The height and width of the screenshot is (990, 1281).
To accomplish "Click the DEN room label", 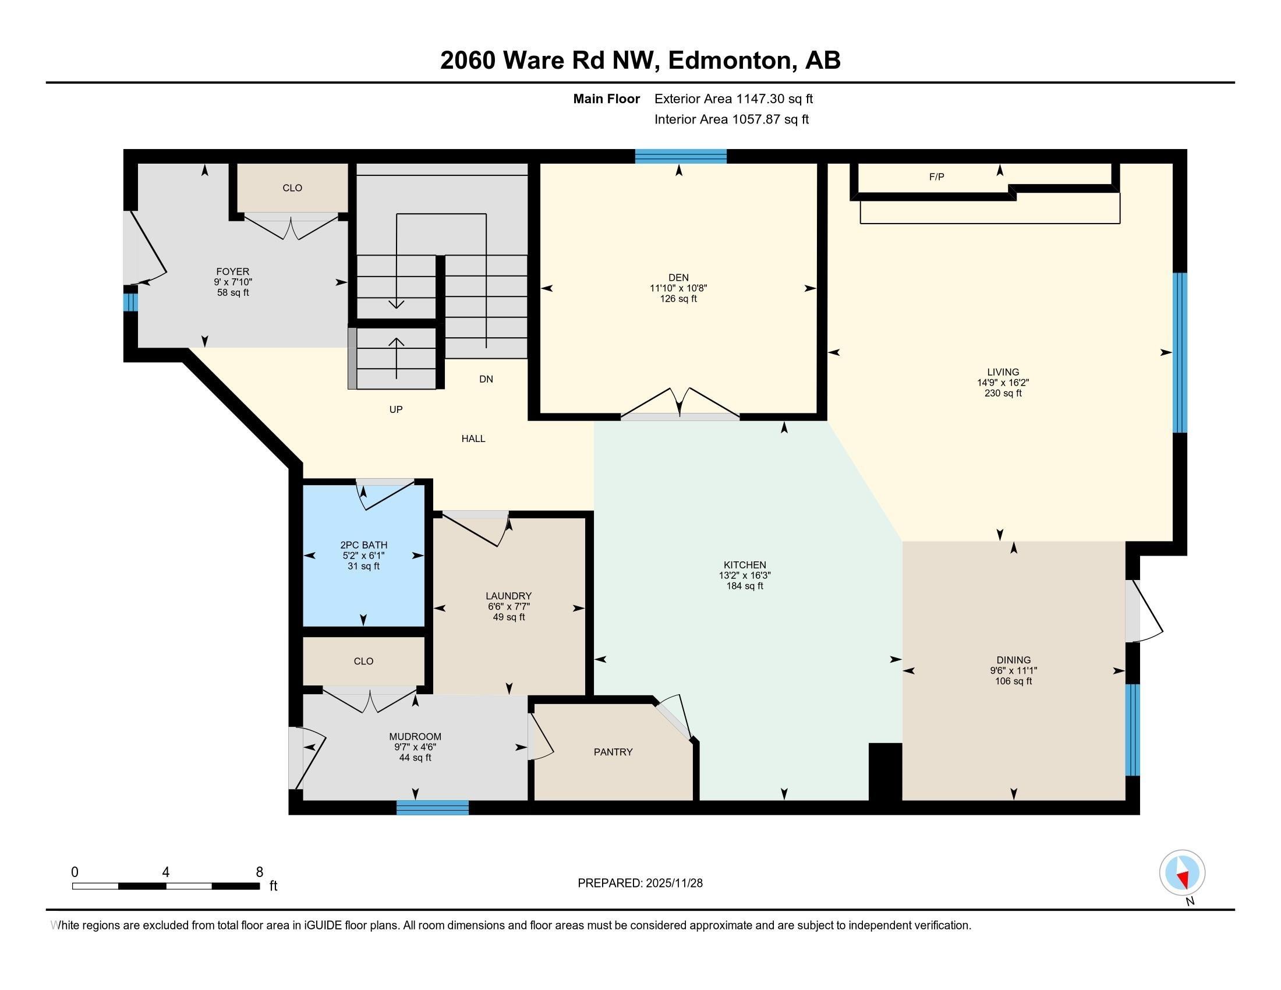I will [678, 277].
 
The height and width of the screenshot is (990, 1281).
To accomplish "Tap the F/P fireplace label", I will [936, 176].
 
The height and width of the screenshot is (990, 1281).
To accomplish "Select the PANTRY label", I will [613, 752].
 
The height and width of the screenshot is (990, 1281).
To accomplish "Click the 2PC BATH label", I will [364, 545].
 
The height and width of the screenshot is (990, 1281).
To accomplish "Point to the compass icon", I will [1182, 873].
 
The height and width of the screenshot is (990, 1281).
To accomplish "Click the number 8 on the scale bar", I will [259, 872].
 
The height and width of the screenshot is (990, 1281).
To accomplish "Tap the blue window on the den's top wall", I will [680, 156].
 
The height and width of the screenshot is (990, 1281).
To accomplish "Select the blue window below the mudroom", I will [432, 808].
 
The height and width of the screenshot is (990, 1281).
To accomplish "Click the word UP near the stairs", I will [396, 409].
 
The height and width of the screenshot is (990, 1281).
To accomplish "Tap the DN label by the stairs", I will [486, 379].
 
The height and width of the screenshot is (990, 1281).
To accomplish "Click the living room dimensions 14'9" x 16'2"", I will [1003, 383].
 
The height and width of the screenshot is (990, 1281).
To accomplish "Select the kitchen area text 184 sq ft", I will [744, 586].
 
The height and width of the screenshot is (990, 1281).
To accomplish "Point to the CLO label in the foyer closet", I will [292, 188].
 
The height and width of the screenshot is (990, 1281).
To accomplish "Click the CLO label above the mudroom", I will [363, 661].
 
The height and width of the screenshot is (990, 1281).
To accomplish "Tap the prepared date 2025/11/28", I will [673, 883].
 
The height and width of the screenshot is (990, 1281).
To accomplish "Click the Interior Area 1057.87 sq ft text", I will [731, 119].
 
